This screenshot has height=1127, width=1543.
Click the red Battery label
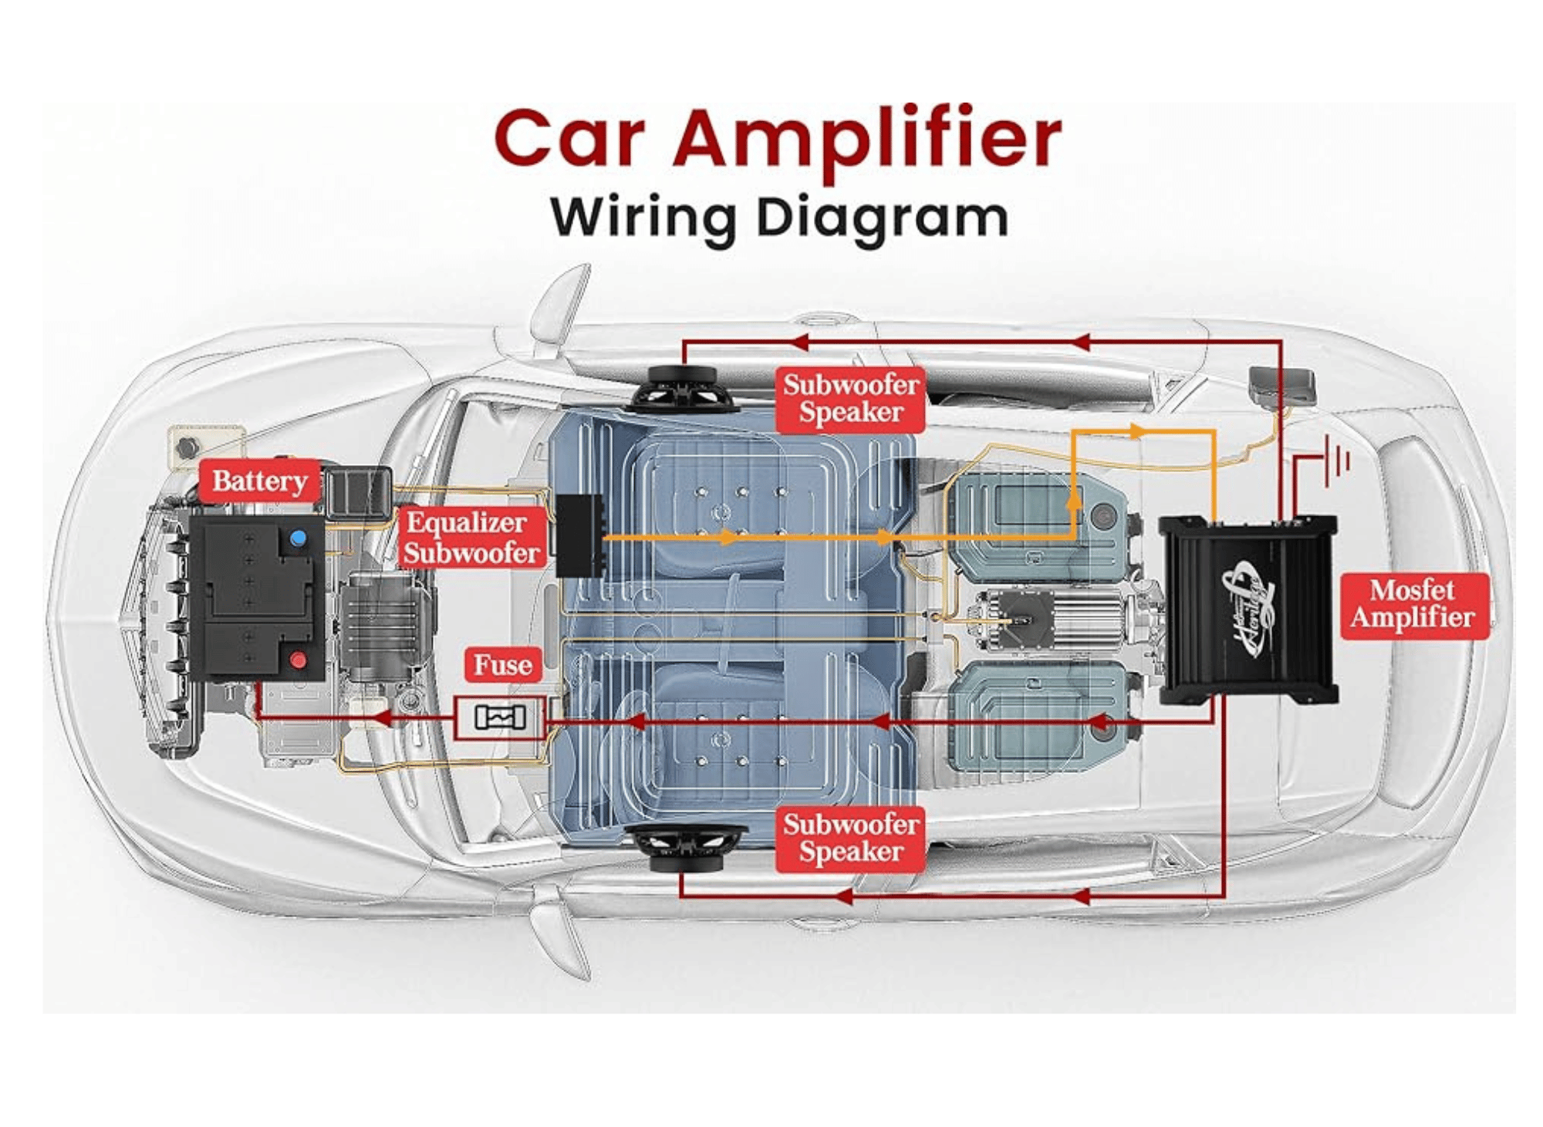(x=259, y=481)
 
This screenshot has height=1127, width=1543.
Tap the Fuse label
(x=502, y=665)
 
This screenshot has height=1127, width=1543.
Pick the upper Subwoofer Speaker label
(x=850, y=399)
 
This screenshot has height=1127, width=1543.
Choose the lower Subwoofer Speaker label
(x=850, y=839)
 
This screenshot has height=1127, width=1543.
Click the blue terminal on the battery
(x=297, y=538)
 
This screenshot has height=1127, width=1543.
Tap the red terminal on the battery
(x=298, y=660)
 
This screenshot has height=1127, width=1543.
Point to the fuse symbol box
(x=500, y=717)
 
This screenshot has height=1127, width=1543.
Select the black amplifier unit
(x=1248, y=609)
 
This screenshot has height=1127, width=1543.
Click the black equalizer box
(x=579, y=536)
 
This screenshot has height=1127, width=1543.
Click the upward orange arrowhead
(x=1073, y=500)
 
